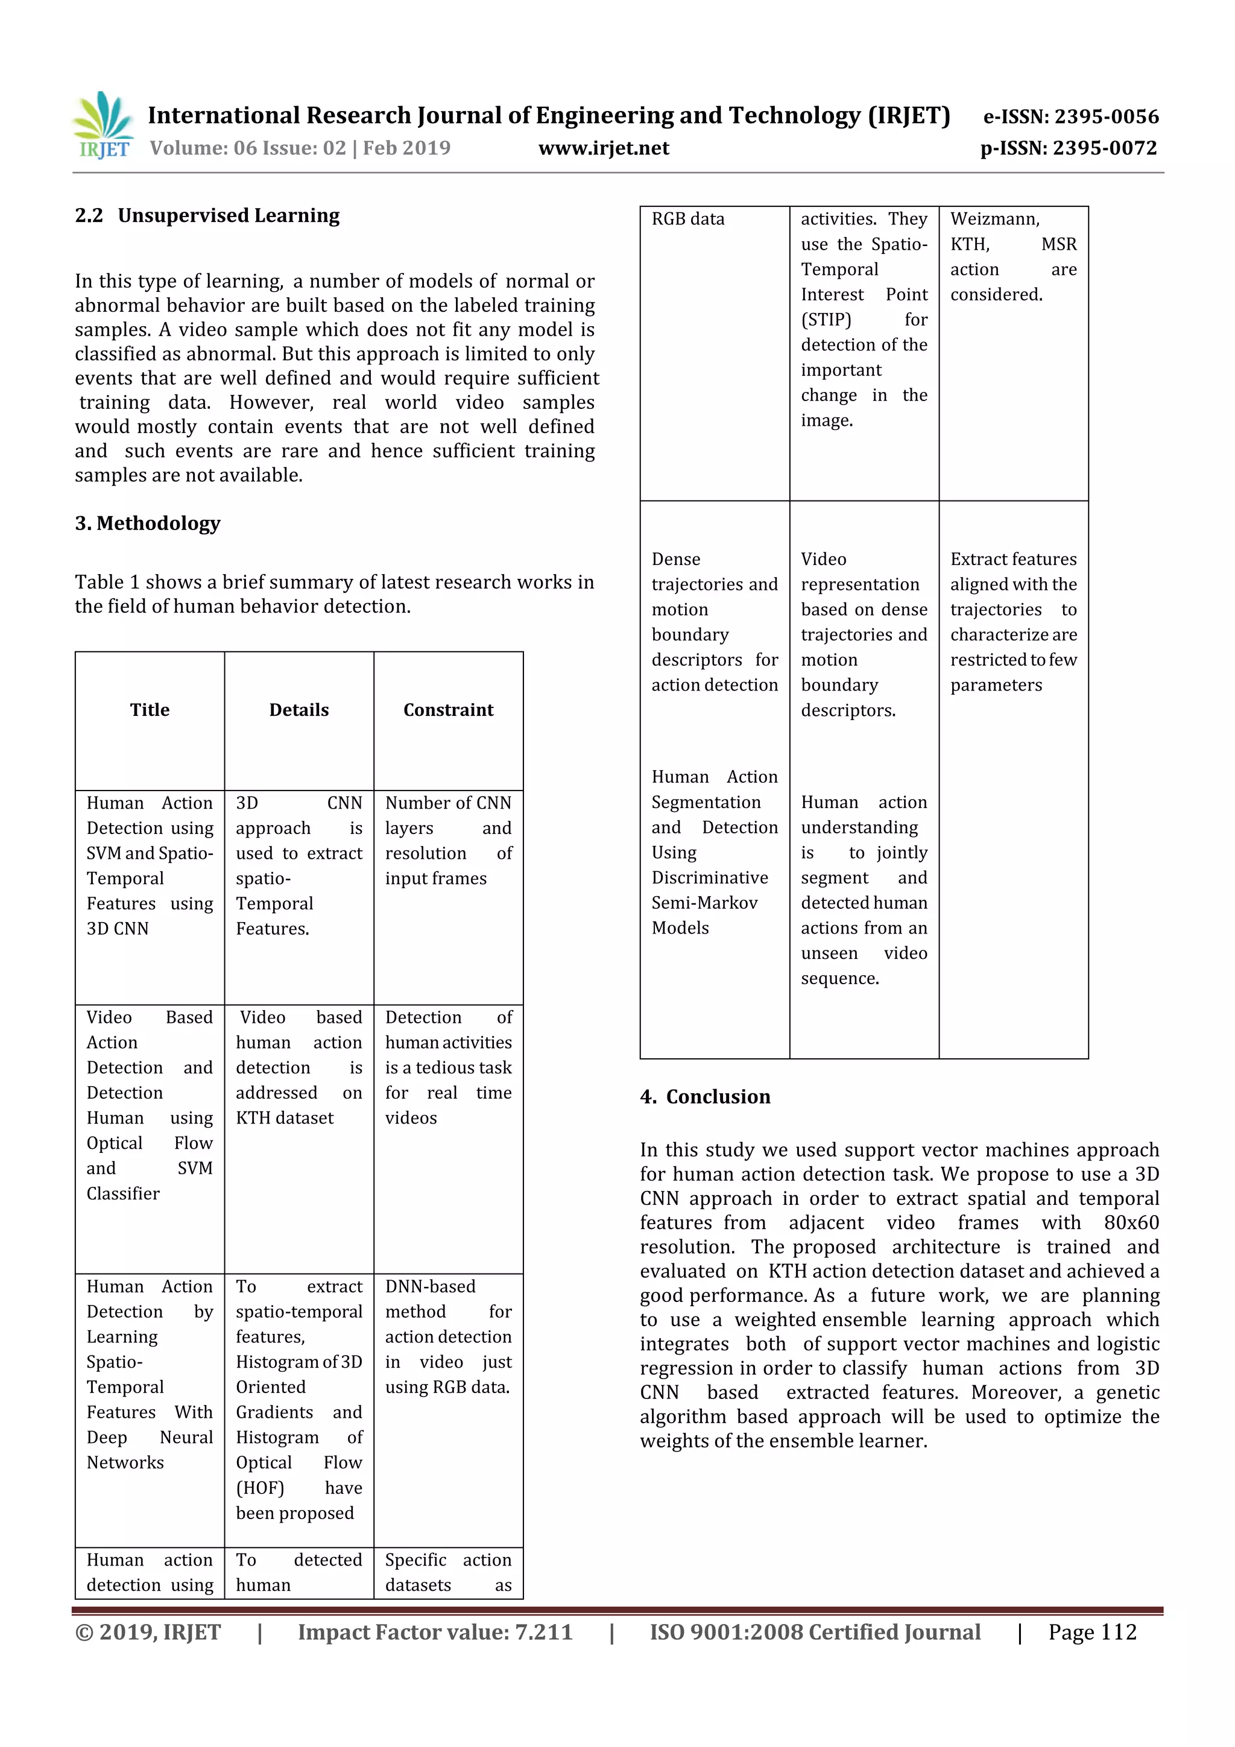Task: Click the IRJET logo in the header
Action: pos(104,125)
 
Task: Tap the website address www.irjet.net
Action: pos(604,148)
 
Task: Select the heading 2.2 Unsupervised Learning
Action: pos(207,216)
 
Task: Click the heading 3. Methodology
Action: pos(148,523)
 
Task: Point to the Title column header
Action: pos(150,710)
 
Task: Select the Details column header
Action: pos(299,710)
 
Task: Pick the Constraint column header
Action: pos(448,710)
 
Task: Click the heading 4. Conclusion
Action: pos(706,1096)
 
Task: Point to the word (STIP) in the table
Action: pos(826,320)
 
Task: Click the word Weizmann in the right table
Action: pos(994,219)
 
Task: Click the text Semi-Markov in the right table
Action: pos(704,903)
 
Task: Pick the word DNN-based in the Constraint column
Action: pos(430,1287)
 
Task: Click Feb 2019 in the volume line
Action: pos(406,148)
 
